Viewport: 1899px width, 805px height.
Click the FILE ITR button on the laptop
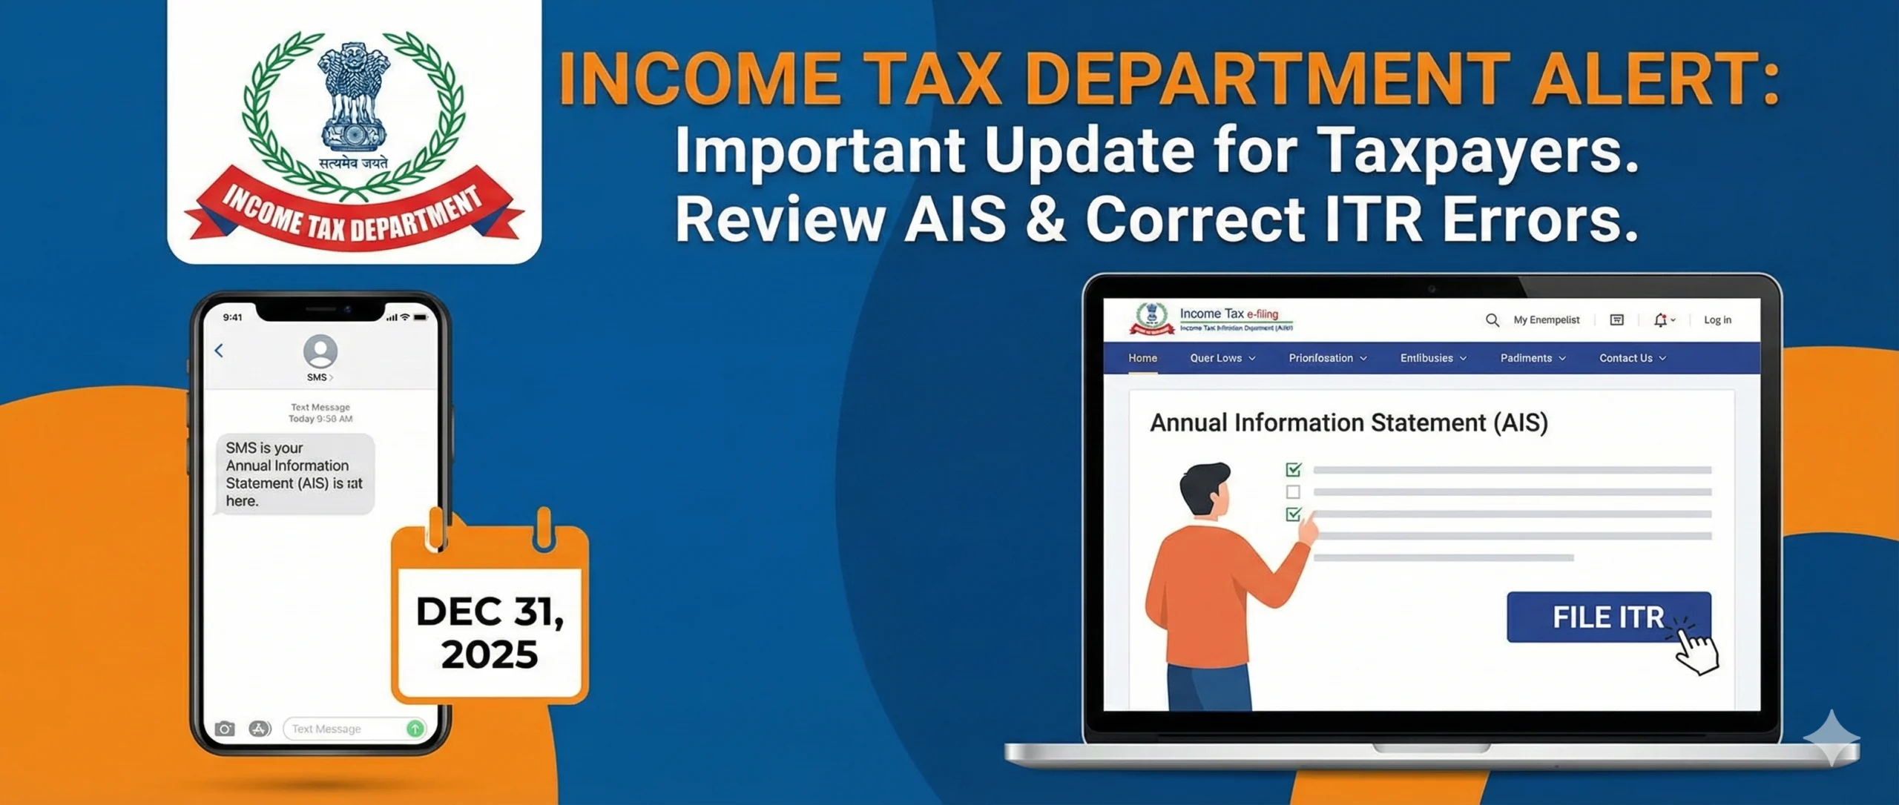[x=1607, y=617]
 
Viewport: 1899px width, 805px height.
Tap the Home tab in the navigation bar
[x=1142, y=358]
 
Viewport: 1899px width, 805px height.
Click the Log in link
[x=1717, y=320]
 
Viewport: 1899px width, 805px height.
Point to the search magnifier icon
[x=1492, y=320]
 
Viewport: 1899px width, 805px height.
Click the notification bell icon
[x=1660, y=320]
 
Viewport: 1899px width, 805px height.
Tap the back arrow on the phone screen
[x=219, y=351]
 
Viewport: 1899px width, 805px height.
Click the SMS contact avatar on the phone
[x=320, y=351]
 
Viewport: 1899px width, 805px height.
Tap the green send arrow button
[x=415, y=729]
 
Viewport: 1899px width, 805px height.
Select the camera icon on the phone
[x=225, y=729]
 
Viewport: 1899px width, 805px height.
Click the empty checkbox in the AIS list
[x=1293, y=492]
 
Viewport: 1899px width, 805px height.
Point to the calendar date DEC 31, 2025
[x=490, y=632]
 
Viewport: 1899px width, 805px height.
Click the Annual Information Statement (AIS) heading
[x=1349, y=423]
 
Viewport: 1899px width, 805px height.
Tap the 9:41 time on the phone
[x=233, y=317]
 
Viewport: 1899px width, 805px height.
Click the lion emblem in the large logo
[x=354, y=93]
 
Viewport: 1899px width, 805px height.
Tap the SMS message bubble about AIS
[x=294, y=474]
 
